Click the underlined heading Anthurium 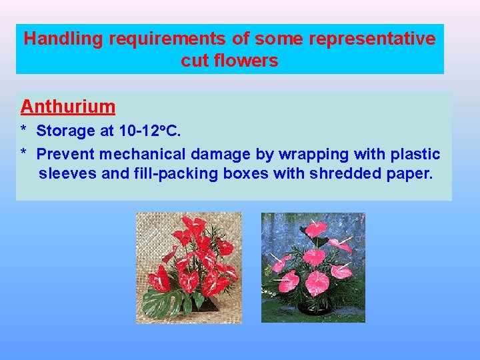point(68,107)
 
